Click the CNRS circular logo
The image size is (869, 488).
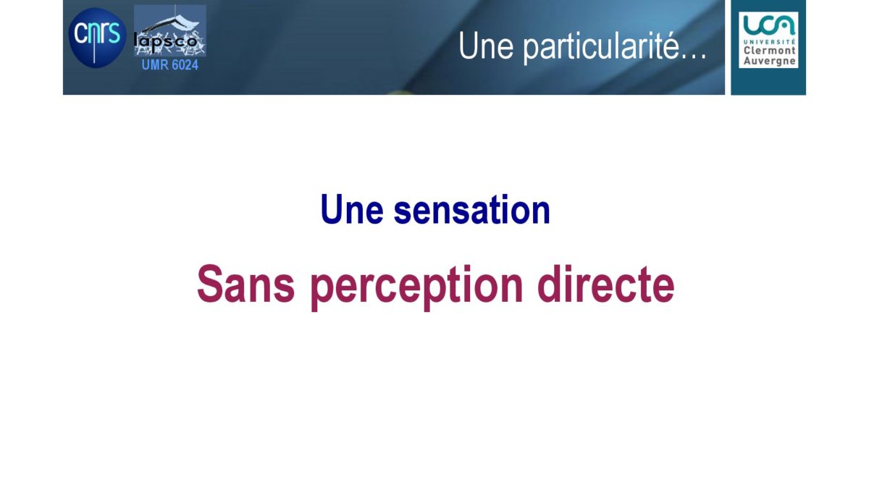pyautogui.click(x=97, y=38)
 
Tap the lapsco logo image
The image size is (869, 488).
pyautogui.click(x=170, y=30)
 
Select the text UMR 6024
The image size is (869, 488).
pyautogui.click(x=170, y=64)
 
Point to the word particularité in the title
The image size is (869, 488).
pyautogui.click(x=601, y=48)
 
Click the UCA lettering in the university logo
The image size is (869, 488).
pyautogui.click(x=768, y=25)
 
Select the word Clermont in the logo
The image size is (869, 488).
pyautogui.click(x=770, y=51)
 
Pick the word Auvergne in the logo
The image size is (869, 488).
pyautogui.click(x=770, y=62)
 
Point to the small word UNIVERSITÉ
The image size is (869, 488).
pyautogui.click(x=770, y=41)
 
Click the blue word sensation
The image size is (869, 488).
pyautogui.click(x=471, y=210)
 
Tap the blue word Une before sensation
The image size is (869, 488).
pyautogui.click(x=352, y=209)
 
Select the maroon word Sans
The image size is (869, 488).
pyautogui.click(x=246, y=284)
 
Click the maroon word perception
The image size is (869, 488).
pyautogui.click(x=417, y=288)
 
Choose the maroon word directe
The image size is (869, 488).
pyautogui.click(x=606, y=284)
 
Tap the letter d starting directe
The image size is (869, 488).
pyautogui.click(x=550, y=284)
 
